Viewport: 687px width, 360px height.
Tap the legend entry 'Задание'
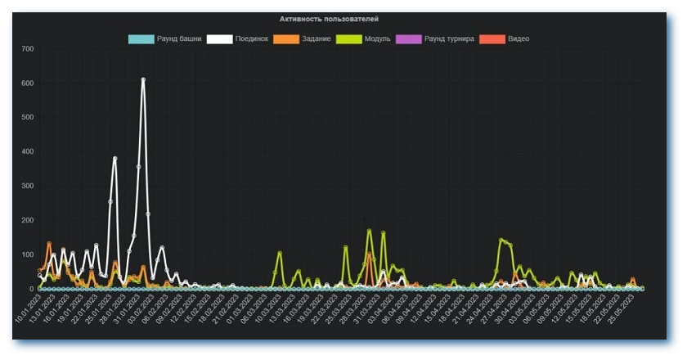tap(302, 38)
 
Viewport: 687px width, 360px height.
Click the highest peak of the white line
tap(143, 79)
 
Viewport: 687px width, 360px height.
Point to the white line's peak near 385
tap(114, 158)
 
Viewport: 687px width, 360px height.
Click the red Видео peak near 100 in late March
tap(369, 255)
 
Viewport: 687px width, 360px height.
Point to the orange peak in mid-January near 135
tap(49, 243)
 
